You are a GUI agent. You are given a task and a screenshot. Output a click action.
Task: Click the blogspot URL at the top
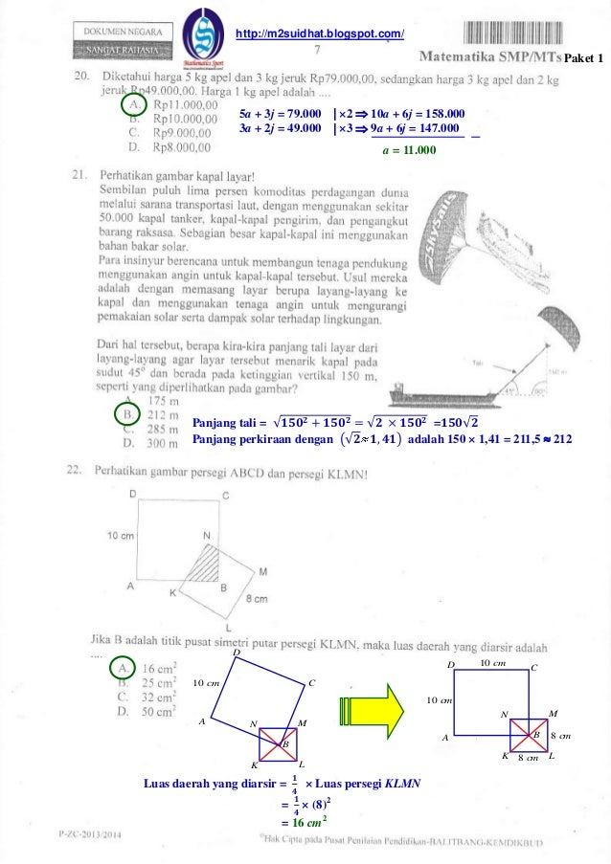coord(320,35)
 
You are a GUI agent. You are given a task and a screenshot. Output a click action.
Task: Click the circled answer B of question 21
coord(127,413)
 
